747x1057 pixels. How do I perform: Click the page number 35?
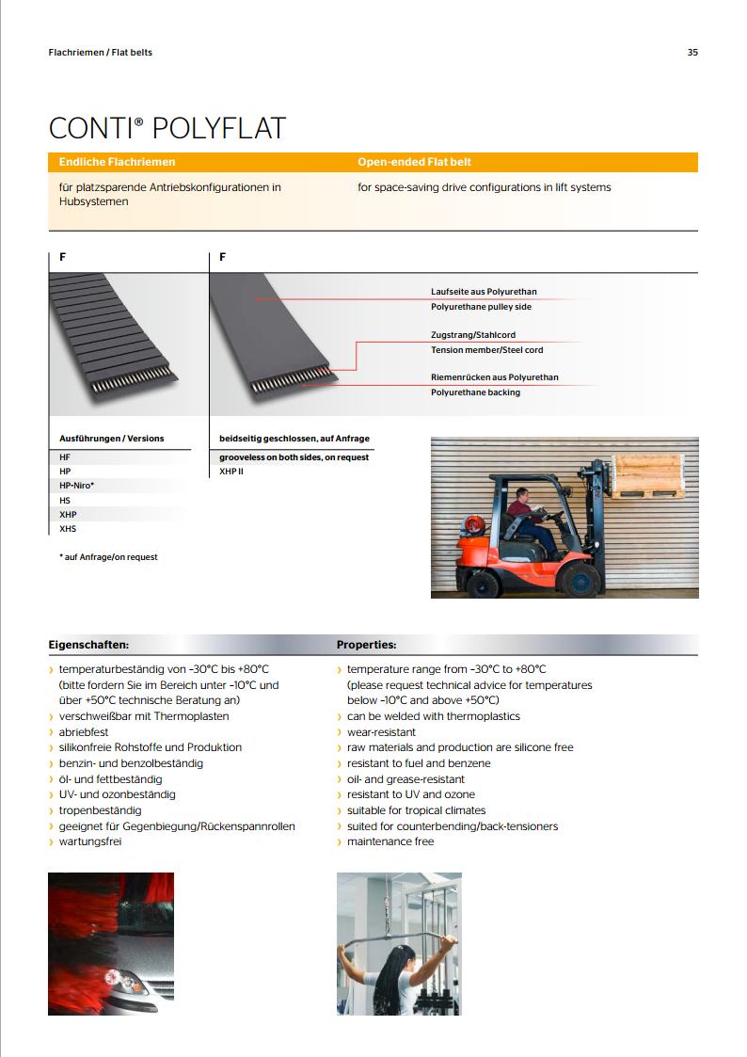coord(692,53)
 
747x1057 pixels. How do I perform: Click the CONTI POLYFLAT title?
coord(167,128)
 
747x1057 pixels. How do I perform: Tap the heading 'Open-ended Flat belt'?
coord(415,162)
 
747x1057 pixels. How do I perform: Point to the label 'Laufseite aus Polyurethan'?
coord(484,292)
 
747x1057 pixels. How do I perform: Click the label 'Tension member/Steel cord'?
coord(486,350)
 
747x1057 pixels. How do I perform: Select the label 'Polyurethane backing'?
coord(475,392)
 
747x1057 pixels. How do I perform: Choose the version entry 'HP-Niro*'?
coord(77,486)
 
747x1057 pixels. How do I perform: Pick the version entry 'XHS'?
coord(68,529)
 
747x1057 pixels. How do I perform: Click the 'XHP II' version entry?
coord(231,471)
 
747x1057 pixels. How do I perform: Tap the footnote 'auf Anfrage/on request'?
coord(110,557)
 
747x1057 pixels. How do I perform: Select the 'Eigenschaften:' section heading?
coord(88,645)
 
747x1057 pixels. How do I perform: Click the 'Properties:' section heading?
coord(367,645)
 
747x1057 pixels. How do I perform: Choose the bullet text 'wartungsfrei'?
coord(90,841)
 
